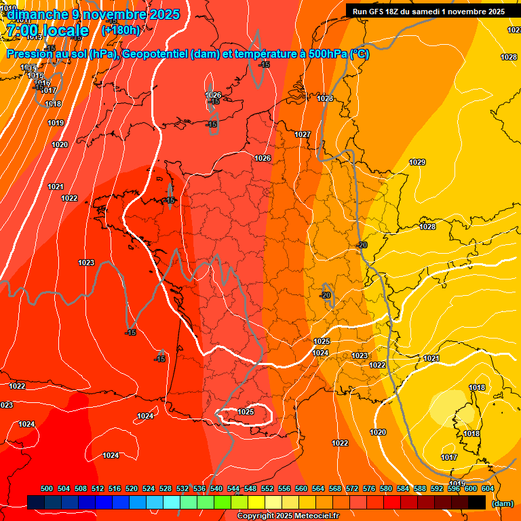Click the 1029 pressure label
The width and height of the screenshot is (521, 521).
pyautogui.click(x=417, y=162)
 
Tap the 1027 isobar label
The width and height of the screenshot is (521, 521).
pyautogui.click(x=303, y=134)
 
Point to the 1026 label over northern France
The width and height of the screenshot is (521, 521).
pyautogui.click(x=263, y=158)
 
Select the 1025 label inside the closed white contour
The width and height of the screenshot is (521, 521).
pyautogui.click(x=246, y=412)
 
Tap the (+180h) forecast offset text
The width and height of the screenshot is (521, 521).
pyautogui.click(x=121, y=30)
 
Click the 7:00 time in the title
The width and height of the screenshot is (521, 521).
pyautogui.click(x=21, y=31)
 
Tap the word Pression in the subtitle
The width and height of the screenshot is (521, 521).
pyautogui.click(x=31, y=54)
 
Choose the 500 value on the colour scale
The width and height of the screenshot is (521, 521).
pyautogui.click(x=47, y=488)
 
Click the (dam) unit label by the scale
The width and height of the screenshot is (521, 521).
pyautogui.click(x=502, y=503)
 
